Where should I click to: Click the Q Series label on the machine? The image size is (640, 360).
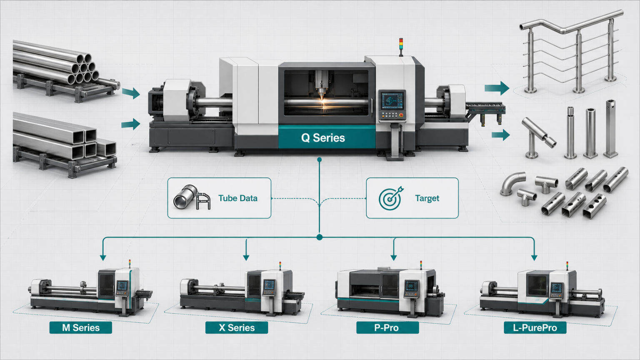coord(323,138)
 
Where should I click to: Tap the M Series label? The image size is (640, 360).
coord(81,327)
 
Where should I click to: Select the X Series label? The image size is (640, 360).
coord(237,327)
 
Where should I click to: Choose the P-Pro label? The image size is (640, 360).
coord(386,327)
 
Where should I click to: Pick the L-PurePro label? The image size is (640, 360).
coord(535,327)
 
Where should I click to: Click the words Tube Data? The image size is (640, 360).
coord(238,198)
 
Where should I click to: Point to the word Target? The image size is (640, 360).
coord(427,198)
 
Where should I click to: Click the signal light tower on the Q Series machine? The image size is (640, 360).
coord(401,47)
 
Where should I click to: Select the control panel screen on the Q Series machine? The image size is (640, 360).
coord(392,100)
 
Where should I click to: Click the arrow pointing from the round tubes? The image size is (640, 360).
coord(131,93)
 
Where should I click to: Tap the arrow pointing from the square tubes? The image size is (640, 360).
coord(130,124)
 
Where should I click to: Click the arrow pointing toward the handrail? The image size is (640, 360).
coord(497,88)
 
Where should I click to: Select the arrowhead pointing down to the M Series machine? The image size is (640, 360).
coord(103,257)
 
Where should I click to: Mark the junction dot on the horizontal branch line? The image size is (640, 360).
coord(320,237)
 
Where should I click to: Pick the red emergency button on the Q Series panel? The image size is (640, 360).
coord(401,115)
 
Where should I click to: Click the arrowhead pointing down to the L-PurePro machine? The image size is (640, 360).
coord(534,257)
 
